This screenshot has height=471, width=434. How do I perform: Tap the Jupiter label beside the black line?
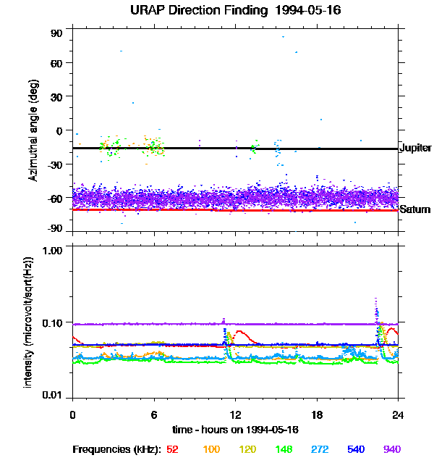(415, 149)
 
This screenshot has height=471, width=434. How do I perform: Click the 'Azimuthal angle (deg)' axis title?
(33, 131)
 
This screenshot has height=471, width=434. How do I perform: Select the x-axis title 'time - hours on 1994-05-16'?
(235, 430)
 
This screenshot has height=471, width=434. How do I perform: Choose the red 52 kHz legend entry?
(172, 450)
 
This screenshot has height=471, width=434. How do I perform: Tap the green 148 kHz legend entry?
(284, 450)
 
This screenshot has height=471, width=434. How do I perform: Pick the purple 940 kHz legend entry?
(391, 450)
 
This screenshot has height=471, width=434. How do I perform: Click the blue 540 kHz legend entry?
(356, 450)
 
